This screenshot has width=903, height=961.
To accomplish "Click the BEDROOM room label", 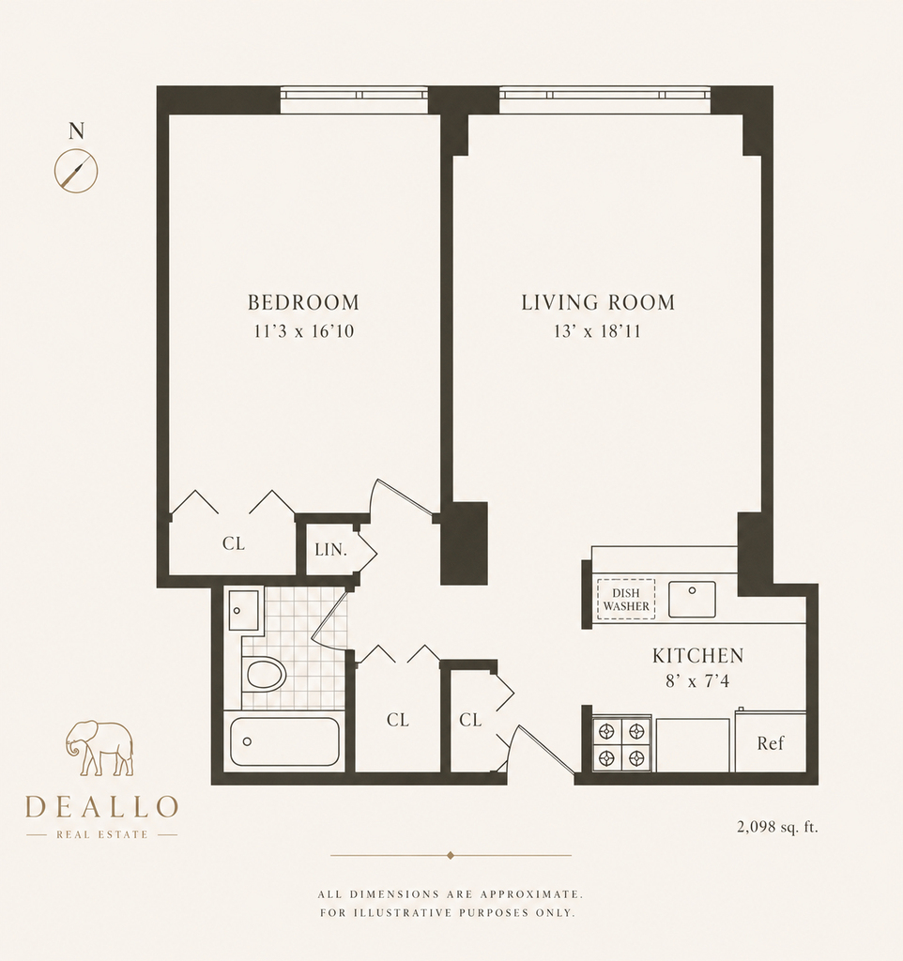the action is tap(303, 302).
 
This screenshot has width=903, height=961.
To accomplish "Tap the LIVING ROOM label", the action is tap(598, 302).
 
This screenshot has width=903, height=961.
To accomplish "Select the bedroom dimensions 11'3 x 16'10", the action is tap(304, 331).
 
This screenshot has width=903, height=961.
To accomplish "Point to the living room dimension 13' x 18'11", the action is tap(598, 331).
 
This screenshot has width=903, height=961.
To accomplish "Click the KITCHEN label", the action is tap(698, 656).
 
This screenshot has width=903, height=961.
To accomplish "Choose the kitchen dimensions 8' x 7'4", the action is tap(698, 681).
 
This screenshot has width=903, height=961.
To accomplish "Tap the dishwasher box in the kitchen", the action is tap(626, 600).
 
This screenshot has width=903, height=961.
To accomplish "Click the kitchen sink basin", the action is tap(692, 600).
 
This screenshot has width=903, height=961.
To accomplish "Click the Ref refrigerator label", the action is tap(771, 743).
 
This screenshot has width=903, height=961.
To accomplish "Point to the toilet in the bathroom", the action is tap(265, 674).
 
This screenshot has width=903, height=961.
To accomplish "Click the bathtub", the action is tap(284, 741).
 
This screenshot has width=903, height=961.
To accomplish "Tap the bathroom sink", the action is tap(244, 610).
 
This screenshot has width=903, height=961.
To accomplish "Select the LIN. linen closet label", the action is tap(331, 550).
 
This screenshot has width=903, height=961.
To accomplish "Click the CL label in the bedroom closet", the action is tap(234, 543).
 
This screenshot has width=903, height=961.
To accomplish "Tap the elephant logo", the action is tap(99, 748).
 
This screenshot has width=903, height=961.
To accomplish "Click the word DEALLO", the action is tap(101, 806).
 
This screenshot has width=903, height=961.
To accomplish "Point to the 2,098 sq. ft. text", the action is tap(777, 827).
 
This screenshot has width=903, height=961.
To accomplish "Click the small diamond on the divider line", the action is tap(451, 855).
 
